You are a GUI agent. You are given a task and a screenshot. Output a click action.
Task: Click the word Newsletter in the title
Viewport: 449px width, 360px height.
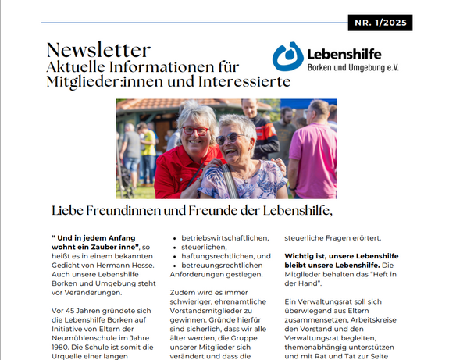click(98, 51)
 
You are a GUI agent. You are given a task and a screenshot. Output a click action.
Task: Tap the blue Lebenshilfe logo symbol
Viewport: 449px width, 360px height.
click(287, 56)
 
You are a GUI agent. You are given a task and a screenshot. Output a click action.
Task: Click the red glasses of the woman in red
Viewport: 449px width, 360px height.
click(195, 130)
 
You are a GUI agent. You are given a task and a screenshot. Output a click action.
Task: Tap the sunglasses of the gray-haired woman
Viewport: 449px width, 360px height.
click(231, 138)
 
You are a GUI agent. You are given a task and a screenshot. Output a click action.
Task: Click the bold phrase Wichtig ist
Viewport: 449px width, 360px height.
click(305, 256)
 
